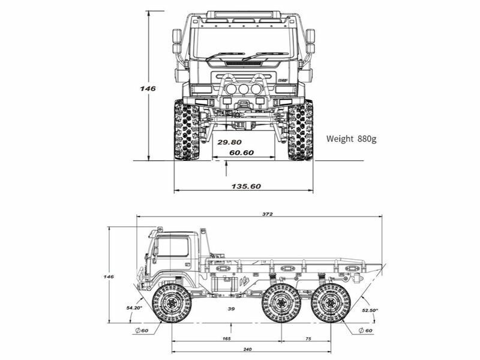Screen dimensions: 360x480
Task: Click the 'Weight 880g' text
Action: [x=351, y=139]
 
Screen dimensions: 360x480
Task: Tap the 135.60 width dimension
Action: [x=246, y=186]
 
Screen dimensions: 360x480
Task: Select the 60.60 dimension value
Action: [x=241, y=153]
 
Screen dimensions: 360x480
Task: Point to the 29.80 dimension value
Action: [x=229, y=142]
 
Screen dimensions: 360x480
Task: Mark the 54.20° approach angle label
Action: [x=134, y=308]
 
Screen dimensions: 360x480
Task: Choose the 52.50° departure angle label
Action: [x=370, y=310]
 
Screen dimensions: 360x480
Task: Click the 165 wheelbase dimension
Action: [x=227, y=339]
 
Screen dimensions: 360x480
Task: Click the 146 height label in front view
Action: [x=148, y=88]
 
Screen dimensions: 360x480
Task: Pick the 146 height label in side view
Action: [x=109, y=277]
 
